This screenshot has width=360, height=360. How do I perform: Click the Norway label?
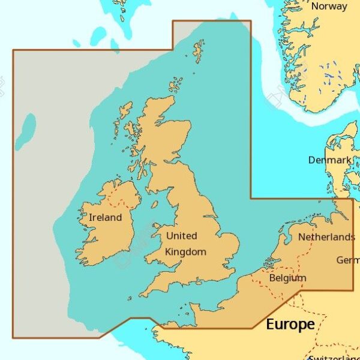(x=329, y=7)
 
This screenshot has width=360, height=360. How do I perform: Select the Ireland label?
(x=105, y=218)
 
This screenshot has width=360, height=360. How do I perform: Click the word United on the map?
(x=182, y=236)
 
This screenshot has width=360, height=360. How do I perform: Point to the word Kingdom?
(x=185, y=252)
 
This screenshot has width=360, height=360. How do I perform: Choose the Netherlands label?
(x=326, y=237)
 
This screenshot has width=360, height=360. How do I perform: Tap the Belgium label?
(x=288, y=278)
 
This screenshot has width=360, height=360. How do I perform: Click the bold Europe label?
(x=290, y=325)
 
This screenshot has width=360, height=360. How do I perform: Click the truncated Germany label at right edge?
(x=348, y=260)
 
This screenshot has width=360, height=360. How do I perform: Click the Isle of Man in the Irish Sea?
(x=155, y=205)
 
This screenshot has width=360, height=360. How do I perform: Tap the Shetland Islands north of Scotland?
(x=199, y=51)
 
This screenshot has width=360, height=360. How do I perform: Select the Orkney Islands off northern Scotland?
(x=175, y=85)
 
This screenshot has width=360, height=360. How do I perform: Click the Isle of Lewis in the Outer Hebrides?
(x=125, y=110)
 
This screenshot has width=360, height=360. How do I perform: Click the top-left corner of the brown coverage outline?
(x=13, y=50)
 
